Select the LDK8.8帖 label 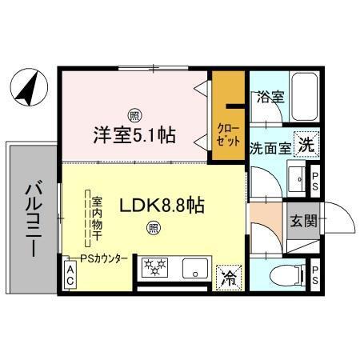coord(162,206)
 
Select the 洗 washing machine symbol coord(305,145)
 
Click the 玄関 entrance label coord(303,220)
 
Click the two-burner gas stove coord(155,268)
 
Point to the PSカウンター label coord(104,258)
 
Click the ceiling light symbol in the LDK coord(152,227)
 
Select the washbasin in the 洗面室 coord(294,179)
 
